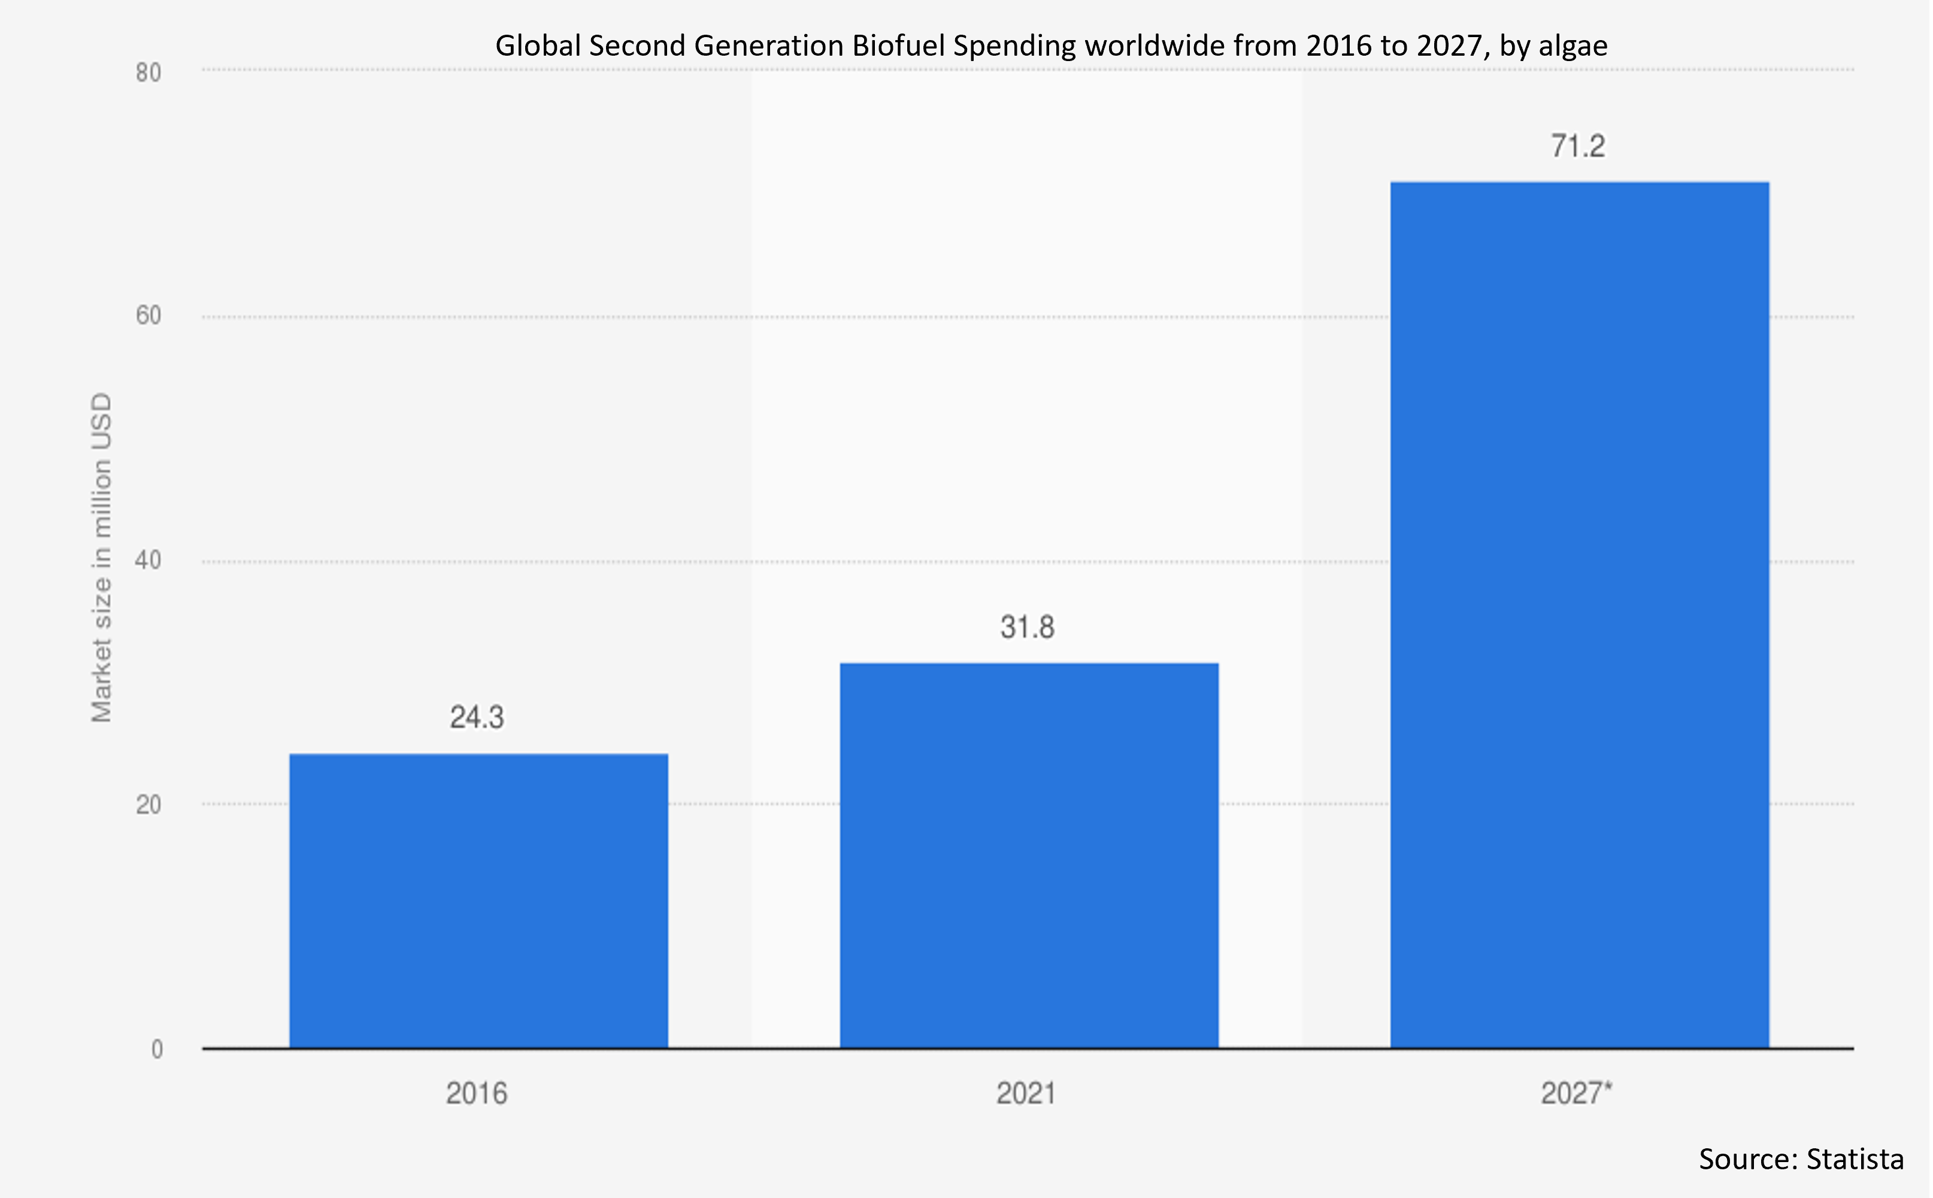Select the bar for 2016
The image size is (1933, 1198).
point(478,901)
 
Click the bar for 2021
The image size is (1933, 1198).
point(1029,856)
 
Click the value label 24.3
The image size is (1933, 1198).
point(477,718)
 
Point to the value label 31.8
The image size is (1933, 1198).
point(1027,627)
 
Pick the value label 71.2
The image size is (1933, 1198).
point(1578,147)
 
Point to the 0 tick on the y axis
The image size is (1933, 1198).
point(157,1050)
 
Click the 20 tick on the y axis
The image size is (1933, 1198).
point(148,805)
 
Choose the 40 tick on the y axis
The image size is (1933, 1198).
point(148,561)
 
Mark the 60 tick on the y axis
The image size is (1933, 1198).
point(148,316)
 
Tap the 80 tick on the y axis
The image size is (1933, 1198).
point(148,73)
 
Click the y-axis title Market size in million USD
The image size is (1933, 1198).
point(101,558)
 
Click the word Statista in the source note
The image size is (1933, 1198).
point(1855,1159)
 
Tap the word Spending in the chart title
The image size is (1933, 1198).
point(1014,46)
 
